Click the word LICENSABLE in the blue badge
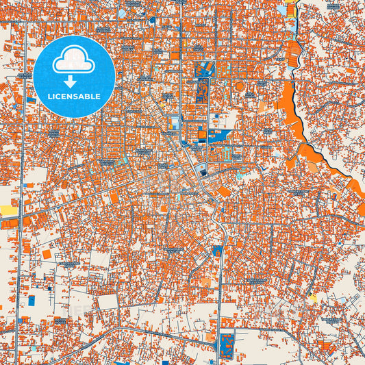[x=75, y=96]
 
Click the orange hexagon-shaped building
[x=239, y=86]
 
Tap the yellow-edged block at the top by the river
[x=290, y=10]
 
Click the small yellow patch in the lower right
[x=313, y=297]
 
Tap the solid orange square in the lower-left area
[x=47, y=254]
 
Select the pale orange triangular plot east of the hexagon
[x=263, y=107]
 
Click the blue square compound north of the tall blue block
[x=204, y=69]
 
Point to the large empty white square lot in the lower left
[x=107, y=302]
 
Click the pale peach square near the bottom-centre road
[x=206, y=281]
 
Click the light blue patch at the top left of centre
[x=122, y=13]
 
